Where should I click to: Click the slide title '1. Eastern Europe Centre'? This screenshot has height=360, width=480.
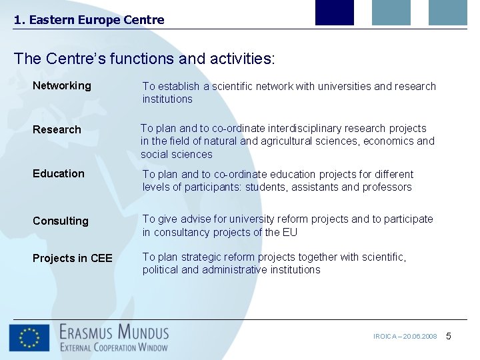[89, 20]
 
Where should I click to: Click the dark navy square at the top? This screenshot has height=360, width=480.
[334, 12]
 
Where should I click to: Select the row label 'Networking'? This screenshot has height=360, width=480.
[62, 85]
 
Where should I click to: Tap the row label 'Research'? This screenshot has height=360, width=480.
[57, 129]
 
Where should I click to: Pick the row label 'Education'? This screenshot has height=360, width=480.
[59, 173]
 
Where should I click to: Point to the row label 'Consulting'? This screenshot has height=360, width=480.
[61, 221]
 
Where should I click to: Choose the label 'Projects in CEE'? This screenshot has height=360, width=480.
[73, 258]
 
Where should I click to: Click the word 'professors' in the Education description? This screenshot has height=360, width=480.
[387, 187]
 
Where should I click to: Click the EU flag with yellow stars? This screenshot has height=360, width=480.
[29, 338]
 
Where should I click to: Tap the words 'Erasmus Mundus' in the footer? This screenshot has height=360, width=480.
[114, 331]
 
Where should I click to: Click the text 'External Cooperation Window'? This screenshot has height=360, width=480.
[114, 347]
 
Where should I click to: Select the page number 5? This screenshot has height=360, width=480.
[449, 336]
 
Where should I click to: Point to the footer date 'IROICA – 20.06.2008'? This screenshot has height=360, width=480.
[405, 337]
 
